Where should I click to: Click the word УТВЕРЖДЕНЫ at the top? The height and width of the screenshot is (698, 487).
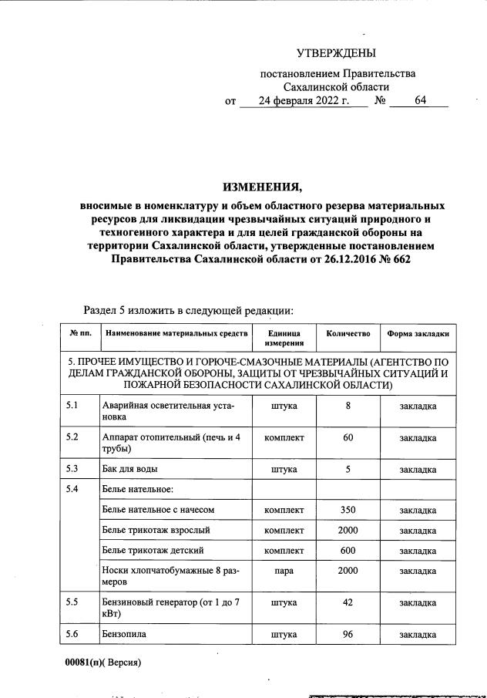click(336, 53)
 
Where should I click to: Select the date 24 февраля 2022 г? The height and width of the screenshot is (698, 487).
click(304, 101)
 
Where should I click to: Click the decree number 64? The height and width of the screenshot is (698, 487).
click(420, 101)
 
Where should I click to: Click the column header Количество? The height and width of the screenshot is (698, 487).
click(348, 334)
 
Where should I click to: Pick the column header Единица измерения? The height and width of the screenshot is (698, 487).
click(284, 339)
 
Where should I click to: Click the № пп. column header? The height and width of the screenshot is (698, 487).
click(80, 334)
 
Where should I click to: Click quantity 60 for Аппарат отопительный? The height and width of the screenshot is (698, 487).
click(348, 437)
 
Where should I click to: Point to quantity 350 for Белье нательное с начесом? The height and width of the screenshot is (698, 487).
click(348, 510)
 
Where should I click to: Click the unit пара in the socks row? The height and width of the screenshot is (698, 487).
click(284, 570)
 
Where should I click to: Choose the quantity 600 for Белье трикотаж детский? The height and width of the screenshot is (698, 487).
click(348, 550)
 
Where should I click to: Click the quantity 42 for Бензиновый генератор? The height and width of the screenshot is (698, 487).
click(348, 602)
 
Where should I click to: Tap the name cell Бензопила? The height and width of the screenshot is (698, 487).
click(124, 634)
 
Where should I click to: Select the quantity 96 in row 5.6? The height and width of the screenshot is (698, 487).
click(348, 634)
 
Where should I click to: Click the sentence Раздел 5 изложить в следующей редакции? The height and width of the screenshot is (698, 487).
click(188, 310)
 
